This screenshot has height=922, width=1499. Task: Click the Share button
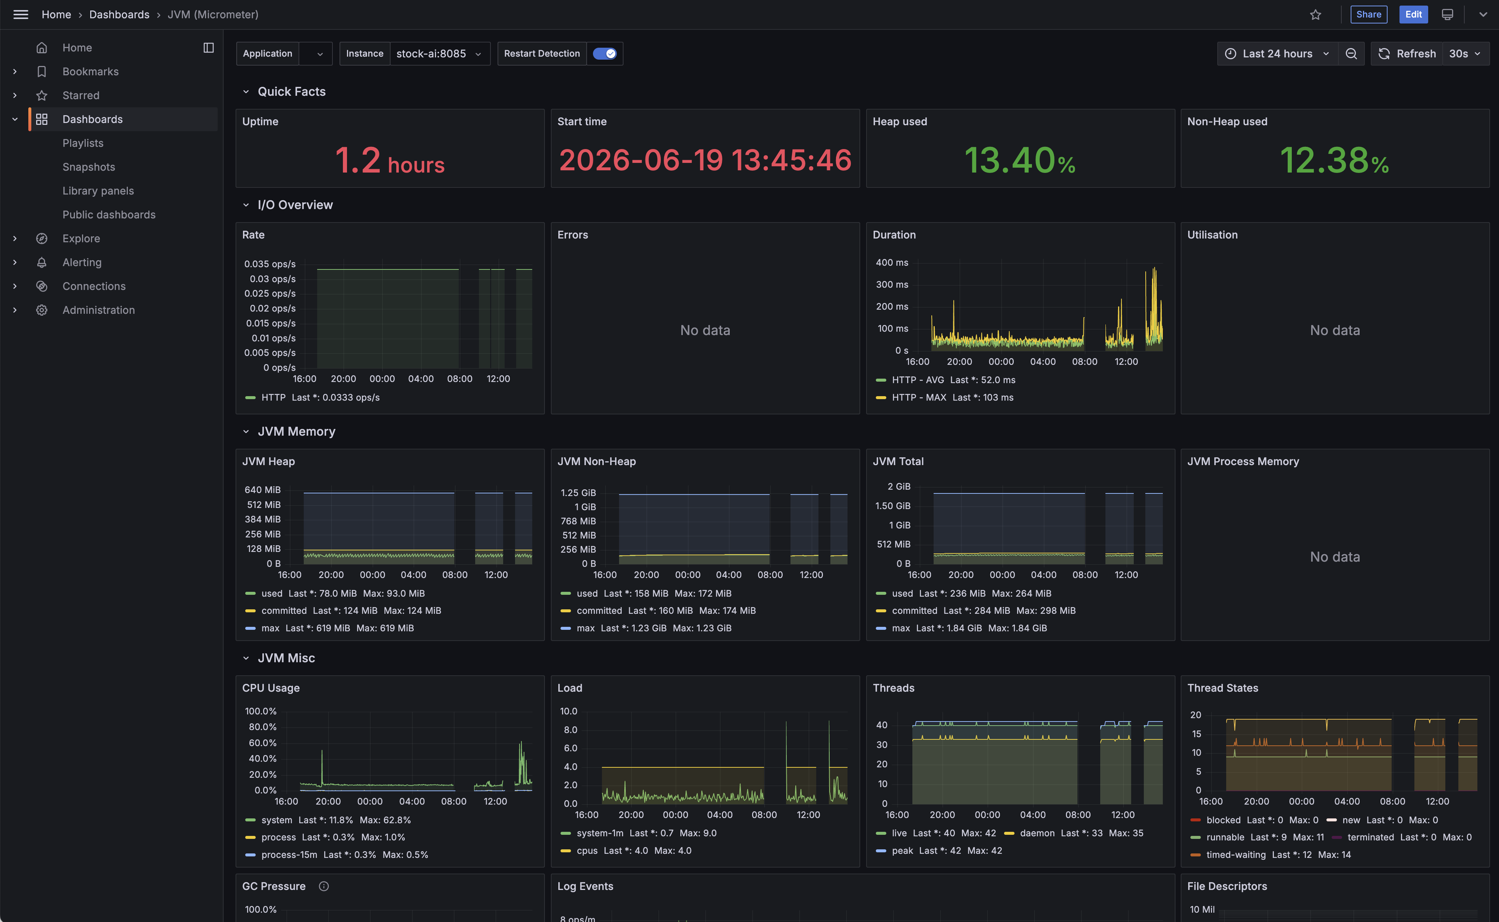point(1369,15)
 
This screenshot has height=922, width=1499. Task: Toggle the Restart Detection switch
point(605,54)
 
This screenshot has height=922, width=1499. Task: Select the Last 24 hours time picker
point(1277,54)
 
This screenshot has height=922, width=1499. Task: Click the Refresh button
point(1407,54)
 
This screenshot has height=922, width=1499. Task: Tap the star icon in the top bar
point(1315,15)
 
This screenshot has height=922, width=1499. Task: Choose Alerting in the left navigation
point(82,262)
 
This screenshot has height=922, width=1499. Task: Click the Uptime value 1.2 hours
point(390,160)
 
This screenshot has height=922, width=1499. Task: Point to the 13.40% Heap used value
point(1020,160)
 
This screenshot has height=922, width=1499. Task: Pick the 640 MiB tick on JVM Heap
point(262,490)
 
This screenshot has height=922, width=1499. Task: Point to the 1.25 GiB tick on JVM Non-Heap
point(578,493)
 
